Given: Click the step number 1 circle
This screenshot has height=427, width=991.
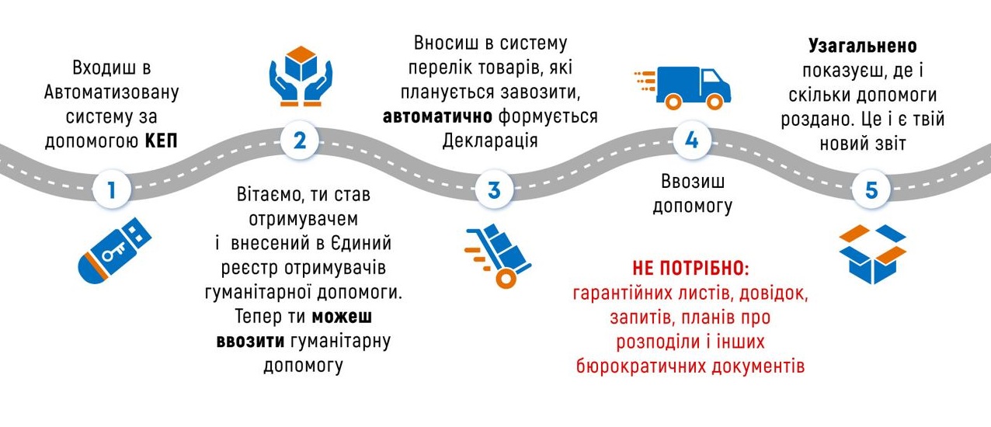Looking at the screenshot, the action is point(112,189).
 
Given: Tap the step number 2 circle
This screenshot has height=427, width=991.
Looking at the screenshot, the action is point(300,141).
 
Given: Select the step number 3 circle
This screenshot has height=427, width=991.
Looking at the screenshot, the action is point(494,190).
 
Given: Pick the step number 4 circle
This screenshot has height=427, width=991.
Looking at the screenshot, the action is point(692,140).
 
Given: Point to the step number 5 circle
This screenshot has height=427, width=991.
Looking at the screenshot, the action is point(871,190).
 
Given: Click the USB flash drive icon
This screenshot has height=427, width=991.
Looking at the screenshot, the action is point(115,250).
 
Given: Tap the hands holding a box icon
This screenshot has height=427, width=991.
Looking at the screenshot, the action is point(301,76).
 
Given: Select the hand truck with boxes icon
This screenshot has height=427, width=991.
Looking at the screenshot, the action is point(498,256).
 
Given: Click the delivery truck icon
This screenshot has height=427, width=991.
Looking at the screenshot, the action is point(683,88).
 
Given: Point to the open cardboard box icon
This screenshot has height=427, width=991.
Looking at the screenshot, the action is point(873,254).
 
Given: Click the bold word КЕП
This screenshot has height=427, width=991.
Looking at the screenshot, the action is point(162,141).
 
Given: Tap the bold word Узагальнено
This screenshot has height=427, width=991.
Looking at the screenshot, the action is point(863,46).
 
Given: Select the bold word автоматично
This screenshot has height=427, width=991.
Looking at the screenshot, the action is point(437,116).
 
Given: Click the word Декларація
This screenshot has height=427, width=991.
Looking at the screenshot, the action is point(490,141).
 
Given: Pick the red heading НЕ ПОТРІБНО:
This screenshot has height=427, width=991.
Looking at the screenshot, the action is point(690,269).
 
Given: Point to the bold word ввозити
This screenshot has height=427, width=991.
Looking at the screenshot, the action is point(250,341).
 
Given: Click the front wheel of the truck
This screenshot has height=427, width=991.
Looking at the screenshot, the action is point(715,102).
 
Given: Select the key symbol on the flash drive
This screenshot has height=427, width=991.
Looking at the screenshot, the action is point(115,253).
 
